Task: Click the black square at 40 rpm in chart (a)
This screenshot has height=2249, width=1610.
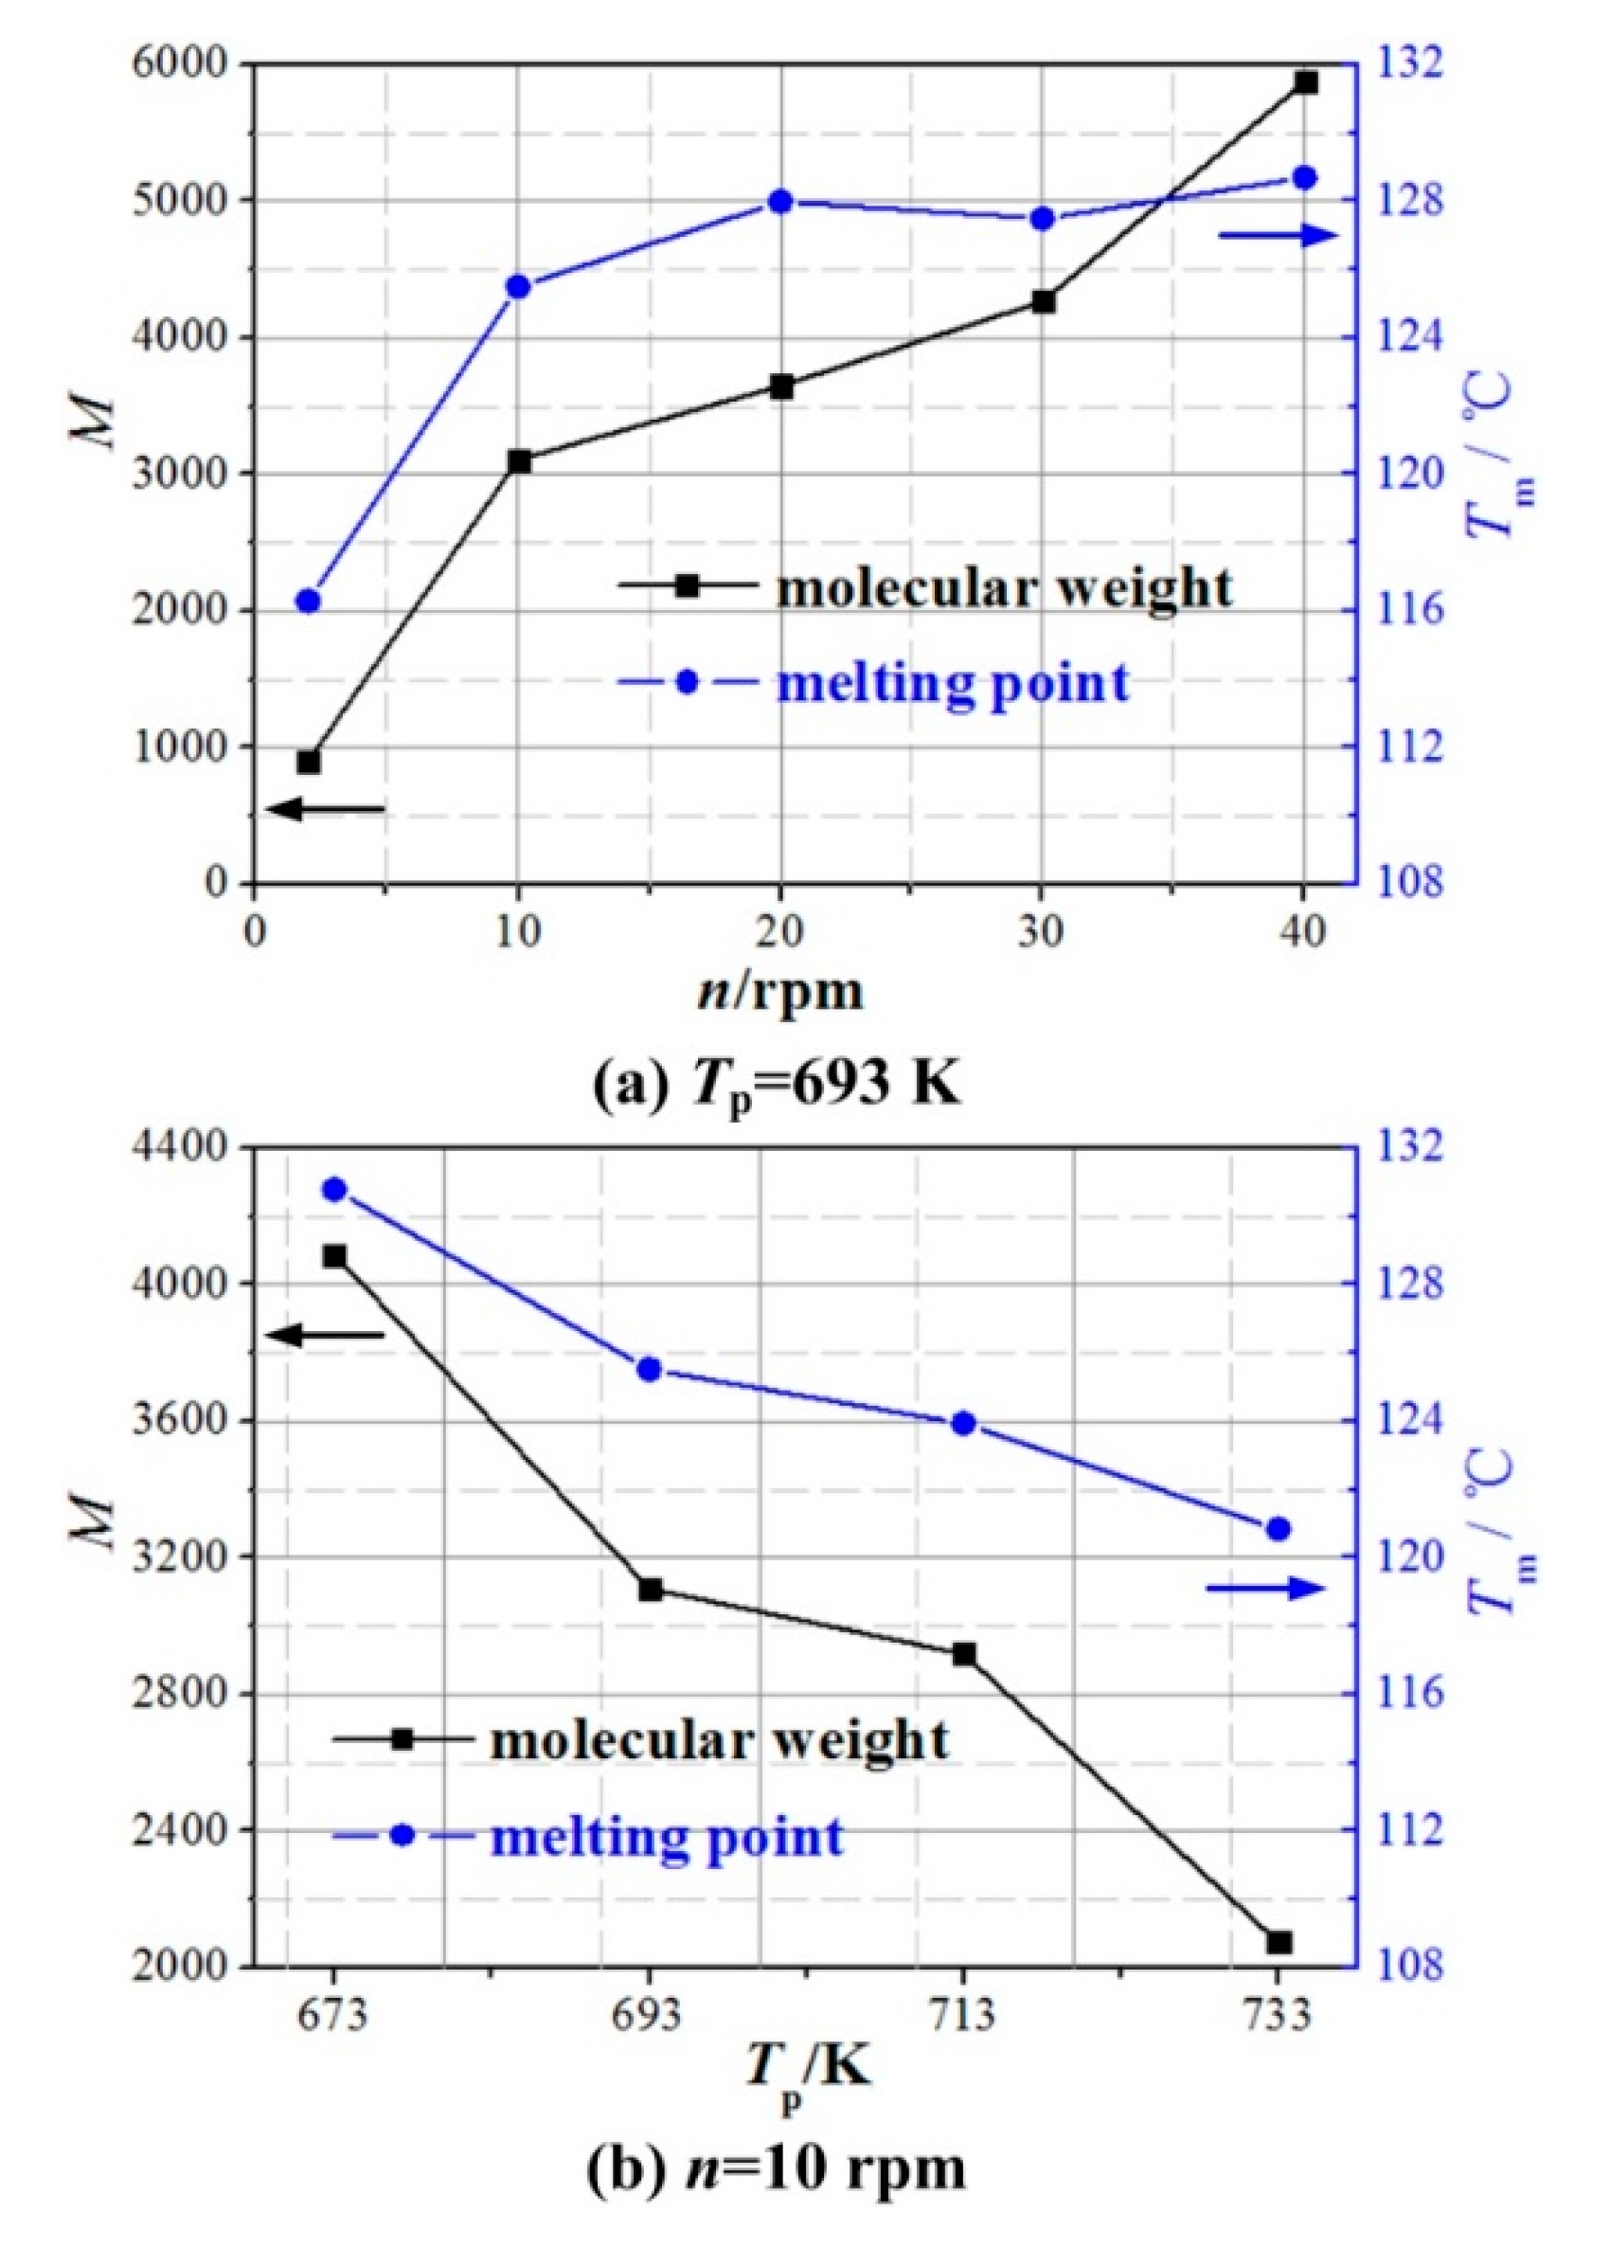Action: coord(1306,83)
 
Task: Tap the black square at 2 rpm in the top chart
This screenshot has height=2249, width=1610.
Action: coord(309,762)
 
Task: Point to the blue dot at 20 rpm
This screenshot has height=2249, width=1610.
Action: coord(781,201)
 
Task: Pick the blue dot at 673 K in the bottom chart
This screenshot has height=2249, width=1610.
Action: coord(335,1190)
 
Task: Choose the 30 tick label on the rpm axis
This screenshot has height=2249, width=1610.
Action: coord(1042,933)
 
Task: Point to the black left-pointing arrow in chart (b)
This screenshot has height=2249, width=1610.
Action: coord(325,1335)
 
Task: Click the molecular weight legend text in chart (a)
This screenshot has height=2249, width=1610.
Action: coord(1003,588)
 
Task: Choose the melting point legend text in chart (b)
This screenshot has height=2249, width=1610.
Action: coord(666,1837)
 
